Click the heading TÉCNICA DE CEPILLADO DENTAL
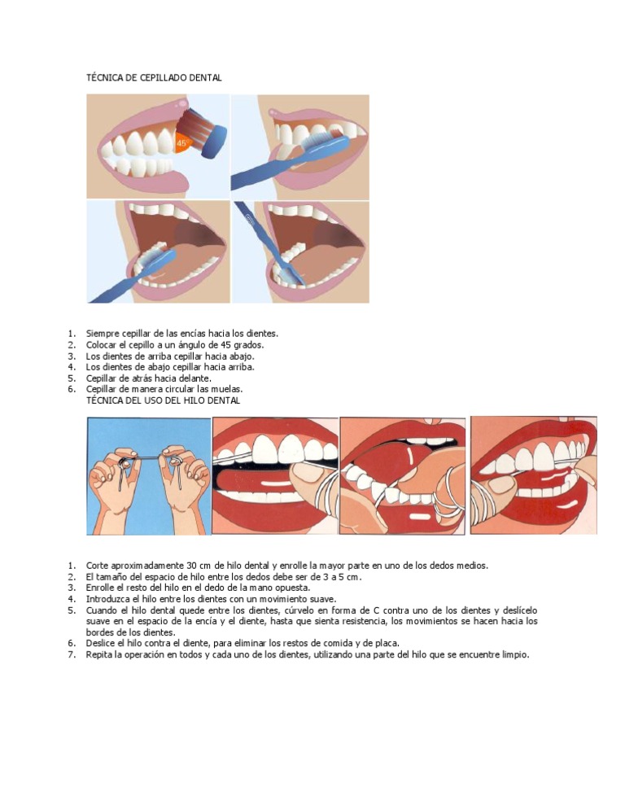pyautogui.click(x=154, y=78)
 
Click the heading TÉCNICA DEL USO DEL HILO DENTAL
pyautogui.click(x=163, y=400)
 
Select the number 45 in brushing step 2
pyautogui.click(x=225, y=345)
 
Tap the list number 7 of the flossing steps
pyautogui.click(x=72, y=654)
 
